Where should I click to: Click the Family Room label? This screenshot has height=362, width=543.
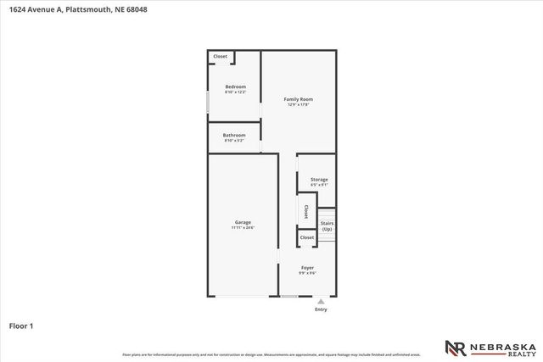[298, 99]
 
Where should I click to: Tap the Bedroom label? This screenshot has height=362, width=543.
[235, 86]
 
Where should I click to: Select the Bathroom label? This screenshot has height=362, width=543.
[234, 135]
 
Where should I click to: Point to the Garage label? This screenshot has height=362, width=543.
[243, 222]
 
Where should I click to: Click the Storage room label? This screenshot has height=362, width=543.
[319, 179]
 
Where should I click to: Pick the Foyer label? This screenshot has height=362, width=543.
[307, 268]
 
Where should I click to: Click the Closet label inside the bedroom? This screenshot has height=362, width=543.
[220, 57]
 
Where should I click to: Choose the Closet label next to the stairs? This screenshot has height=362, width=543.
[307, 237]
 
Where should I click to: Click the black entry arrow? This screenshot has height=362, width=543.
[321, 300]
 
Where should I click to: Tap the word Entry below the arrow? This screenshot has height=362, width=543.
[321, 309]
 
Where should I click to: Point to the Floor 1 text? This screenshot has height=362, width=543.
[21, 325]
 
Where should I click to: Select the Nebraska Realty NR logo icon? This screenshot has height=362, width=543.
[455, 348]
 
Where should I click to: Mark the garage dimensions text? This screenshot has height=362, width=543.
[243, 227]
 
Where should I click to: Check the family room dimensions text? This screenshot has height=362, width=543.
[298, 105]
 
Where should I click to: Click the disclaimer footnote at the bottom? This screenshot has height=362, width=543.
[271, 354]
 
